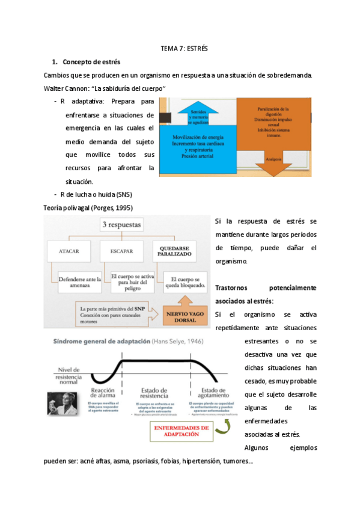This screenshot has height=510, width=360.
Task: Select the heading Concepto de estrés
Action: coord(91,62)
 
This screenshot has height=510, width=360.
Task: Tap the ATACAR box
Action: coord(71,251)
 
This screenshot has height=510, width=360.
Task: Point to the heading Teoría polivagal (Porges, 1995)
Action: coord(88,208)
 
